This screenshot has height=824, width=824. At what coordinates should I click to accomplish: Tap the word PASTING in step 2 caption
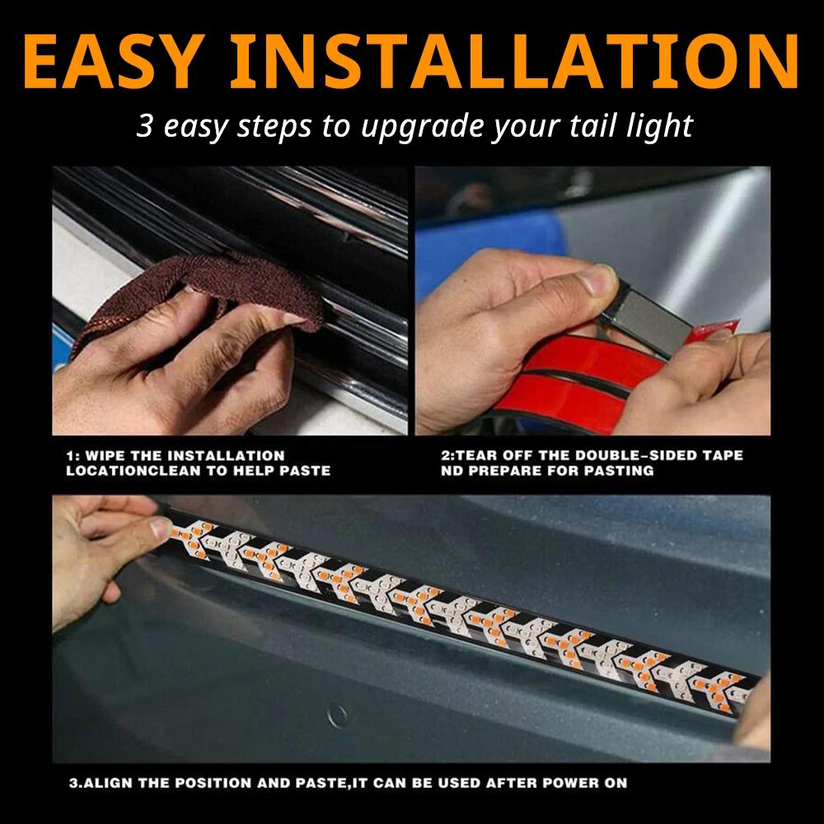pos(622,471)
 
